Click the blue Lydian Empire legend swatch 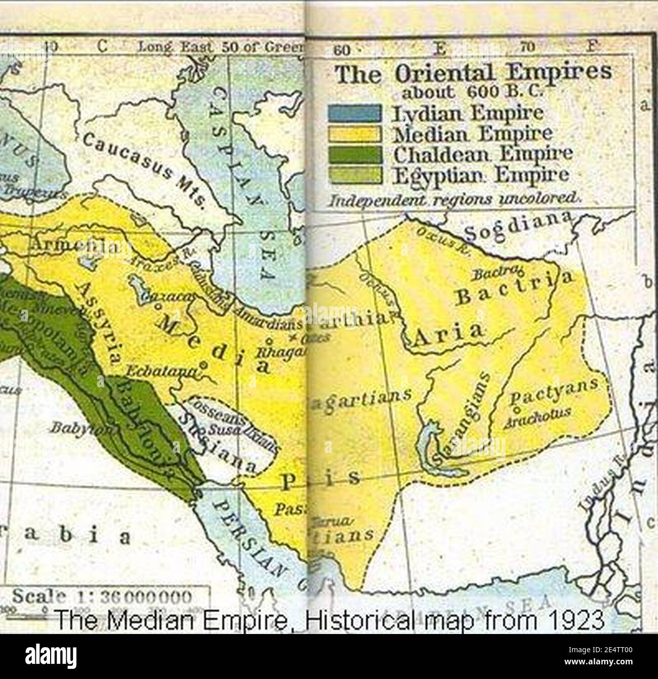pos(354,113)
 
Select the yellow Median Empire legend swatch pos(354,134)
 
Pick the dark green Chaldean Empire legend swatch pos(354,154)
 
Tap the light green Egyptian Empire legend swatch pos(354,175)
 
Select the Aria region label pos(447,333)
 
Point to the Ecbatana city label pos(161,371)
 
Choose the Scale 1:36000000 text pos(101,597)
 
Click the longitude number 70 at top pos(526,48)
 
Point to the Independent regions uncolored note pos(453,199)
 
